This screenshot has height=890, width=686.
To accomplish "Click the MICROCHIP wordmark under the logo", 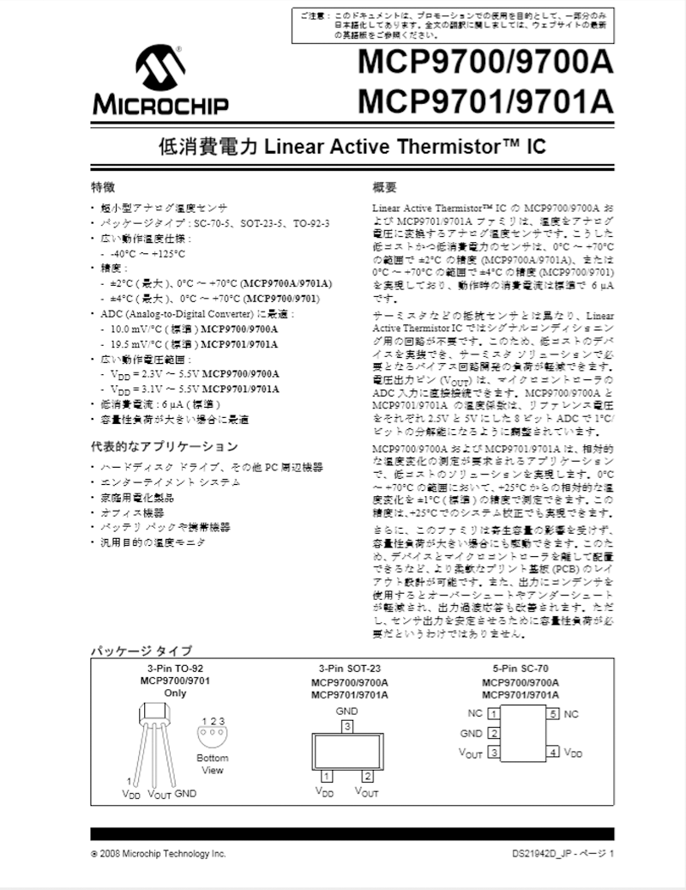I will coord(160,106).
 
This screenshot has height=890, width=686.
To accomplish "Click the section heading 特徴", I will coord(104,187).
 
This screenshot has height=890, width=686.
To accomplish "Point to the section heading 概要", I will coord(384,187).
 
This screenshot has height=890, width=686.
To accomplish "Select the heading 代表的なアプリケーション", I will coord(165,447).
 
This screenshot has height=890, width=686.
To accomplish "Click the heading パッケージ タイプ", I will coord(141,651).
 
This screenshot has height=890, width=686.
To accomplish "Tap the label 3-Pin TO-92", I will coord(174,669).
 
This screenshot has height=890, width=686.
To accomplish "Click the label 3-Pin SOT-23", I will coord(349,669).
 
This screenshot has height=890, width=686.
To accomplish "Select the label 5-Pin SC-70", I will coord(520,669).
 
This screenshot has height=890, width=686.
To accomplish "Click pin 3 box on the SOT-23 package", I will coord(346,727).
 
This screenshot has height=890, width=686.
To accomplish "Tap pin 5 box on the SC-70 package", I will coord(554,714).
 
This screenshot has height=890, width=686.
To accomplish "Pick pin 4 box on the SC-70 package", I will coord(554,753).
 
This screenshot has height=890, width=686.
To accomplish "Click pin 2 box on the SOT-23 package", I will coord(368,777).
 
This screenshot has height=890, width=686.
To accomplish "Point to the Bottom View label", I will coord(212,764).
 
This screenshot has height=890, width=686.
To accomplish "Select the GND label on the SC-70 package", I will coord(472,734).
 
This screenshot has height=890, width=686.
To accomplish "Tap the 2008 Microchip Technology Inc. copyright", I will coord(159,855).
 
